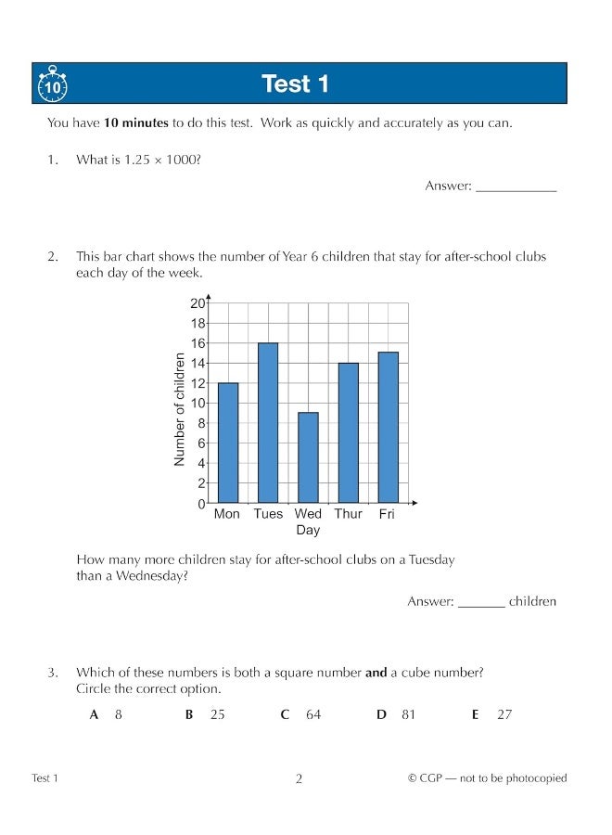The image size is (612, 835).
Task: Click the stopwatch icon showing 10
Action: [52, 84]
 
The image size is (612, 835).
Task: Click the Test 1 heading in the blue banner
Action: [296, 84]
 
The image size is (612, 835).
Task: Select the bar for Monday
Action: [227, 443]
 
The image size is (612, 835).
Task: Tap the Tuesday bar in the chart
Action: [268, 423]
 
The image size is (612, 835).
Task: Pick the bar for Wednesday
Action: [308, 457]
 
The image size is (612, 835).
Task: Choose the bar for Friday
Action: [388, 428]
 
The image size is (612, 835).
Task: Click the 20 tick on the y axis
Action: [197, 303]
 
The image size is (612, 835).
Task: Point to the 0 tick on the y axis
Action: [199, 504]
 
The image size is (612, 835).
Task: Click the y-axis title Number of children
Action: [180, 409]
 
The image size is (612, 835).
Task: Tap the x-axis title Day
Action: [308, 531]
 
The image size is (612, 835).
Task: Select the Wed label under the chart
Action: [308, 514]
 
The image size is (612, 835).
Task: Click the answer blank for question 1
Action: [516, 187]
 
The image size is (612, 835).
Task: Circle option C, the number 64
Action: [312, 714]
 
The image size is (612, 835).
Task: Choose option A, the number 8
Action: [119, 714]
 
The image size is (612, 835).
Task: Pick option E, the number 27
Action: [504, 714]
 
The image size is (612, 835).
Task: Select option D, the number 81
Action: [409, 714]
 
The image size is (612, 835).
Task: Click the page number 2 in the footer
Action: [299, 779]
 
